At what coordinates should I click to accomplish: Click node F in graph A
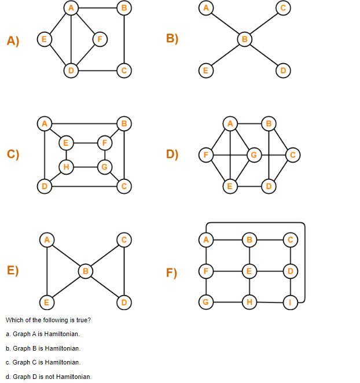100,39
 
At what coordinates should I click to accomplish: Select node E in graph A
43,39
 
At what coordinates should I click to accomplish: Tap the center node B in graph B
244,39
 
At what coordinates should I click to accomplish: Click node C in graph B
283,8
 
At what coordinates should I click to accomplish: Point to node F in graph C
105,142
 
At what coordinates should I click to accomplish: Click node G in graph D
253,154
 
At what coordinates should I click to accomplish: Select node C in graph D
292,154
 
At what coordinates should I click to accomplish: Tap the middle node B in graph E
85,271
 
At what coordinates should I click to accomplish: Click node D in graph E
124,302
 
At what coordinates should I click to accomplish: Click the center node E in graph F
249,271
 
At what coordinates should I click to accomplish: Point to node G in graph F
205,302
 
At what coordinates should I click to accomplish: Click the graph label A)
13,40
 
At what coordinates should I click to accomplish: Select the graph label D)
172,154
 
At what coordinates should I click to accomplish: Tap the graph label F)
171,272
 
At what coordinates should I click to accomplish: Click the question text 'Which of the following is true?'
49,320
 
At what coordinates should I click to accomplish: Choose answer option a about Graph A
43,334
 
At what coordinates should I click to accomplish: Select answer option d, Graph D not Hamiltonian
49,377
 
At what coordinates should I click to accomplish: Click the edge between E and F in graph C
85,142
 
